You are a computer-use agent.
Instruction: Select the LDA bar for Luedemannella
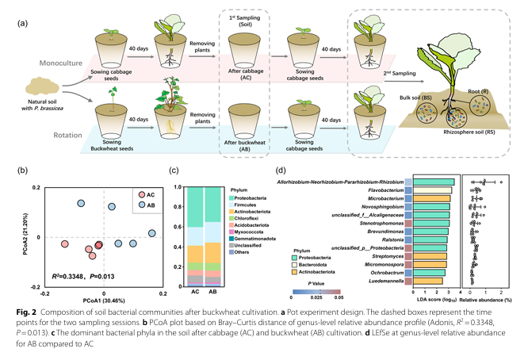click(x=429, y=281)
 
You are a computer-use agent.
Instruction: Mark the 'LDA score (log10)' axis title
click(x=433, y=299)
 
